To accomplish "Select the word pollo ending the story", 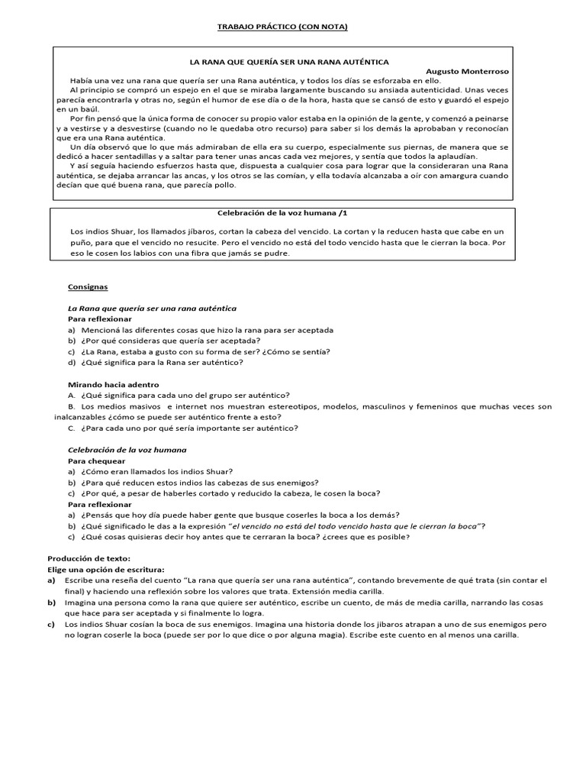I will click(226, 184).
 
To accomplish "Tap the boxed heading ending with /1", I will click(282, 215).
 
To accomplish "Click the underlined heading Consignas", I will click(88, 287).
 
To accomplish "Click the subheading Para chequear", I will click(97, 461).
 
